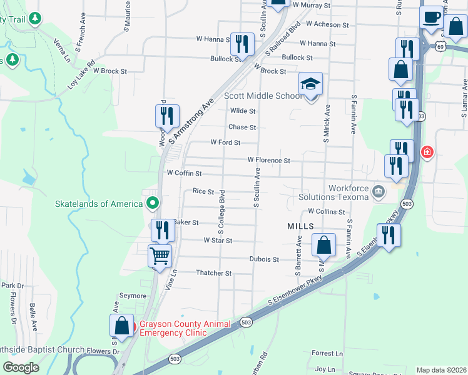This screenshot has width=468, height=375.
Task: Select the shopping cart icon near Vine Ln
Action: coord(160,255)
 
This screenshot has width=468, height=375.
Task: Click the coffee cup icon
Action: coord(430,17)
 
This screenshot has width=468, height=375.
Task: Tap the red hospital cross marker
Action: coord(428,152)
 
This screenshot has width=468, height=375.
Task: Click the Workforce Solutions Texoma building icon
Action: coord(379,191)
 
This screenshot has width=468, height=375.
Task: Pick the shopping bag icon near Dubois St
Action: coord(323,245)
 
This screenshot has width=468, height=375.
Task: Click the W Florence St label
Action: coord(268,161)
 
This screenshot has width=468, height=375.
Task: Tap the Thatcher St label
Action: coord(214,273)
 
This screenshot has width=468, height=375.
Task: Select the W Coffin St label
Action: coord(183,173)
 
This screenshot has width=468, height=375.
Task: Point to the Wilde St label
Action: coord(243,111)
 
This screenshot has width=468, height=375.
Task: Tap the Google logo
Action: coord(20,367)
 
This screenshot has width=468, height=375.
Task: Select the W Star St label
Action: coord(218,241)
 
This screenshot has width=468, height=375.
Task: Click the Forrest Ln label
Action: coord(327,354)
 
